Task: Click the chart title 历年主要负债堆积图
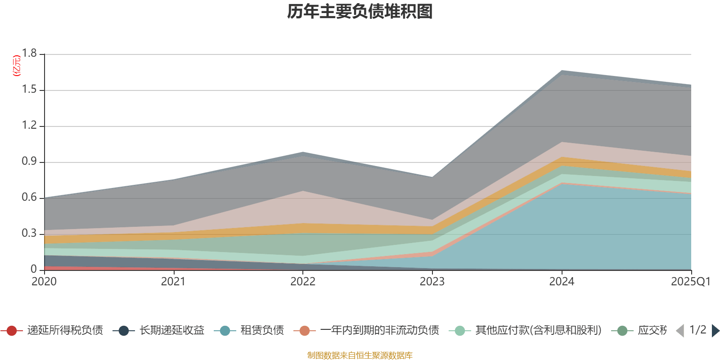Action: click(360, 12)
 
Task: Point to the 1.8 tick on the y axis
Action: click(30, 54)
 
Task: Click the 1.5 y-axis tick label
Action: click(30, 90)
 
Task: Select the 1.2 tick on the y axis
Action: click(30, 126)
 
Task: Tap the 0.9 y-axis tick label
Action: click(30, 162)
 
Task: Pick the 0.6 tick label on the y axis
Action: click(30, 198)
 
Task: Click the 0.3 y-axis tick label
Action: click(30, 234)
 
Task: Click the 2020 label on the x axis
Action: click(44, 281)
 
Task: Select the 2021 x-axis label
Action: click(173, 281)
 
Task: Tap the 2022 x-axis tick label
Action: click(303, 281)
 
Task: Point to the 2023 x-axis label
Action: click(432, 281)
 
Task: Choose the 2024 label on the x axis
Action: click(562, 281)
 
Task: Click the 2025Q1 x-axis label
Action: click(690, 281)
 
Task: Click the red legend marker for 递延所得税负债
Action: click(12, 331)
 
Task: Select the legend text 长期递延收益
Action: click(171, 330)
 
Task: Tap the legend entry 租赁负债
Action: click(262, 330)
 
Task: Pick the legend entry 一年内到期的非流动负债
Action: click(379, 330)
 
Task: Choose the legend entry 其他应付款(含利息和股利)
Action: click(538, 330)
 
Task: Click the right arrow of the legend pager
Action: click(715, 331)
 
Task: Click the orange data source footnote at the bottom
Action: click(360, 355)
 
